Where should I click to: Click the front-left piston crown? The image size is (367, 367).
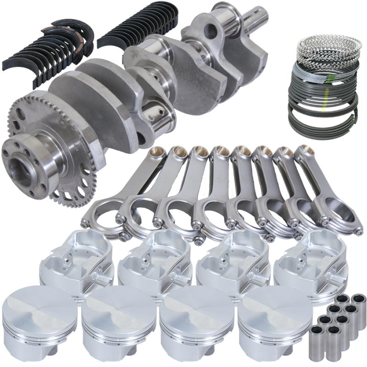click(39, 317)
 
